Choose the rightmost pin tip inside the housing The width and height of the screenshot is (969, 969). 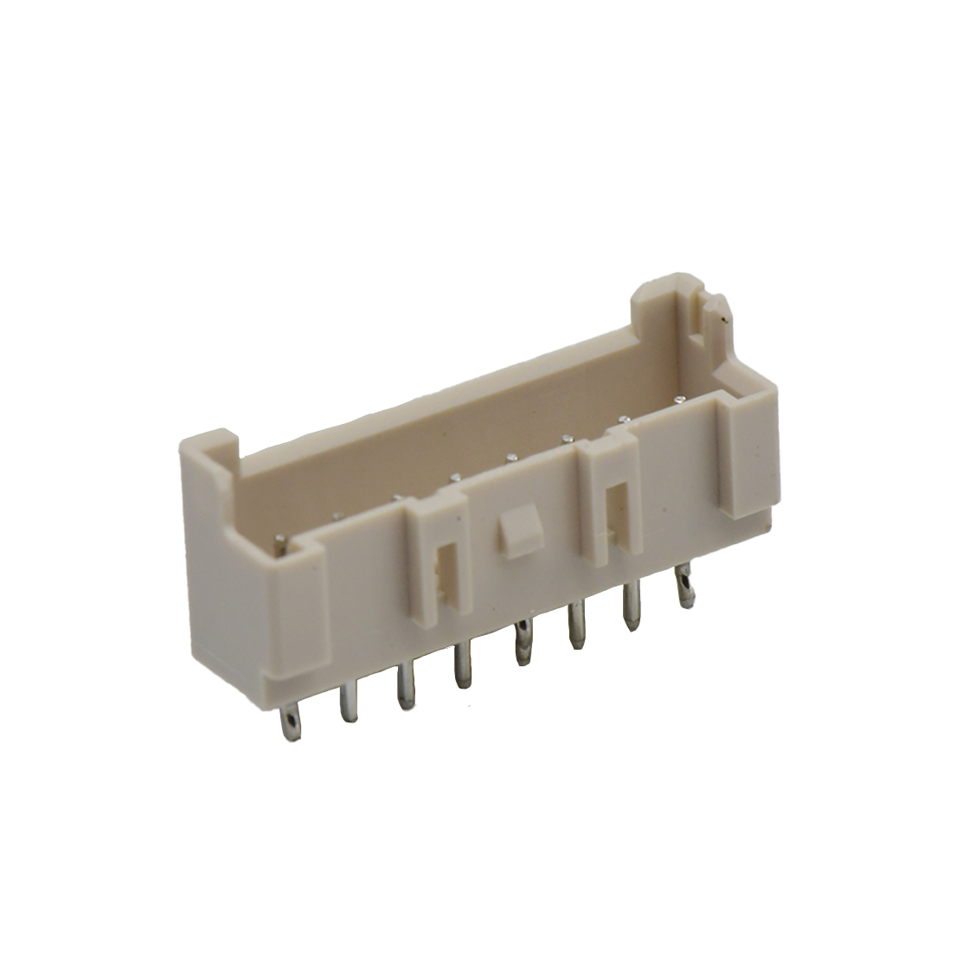pos(680,399)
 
